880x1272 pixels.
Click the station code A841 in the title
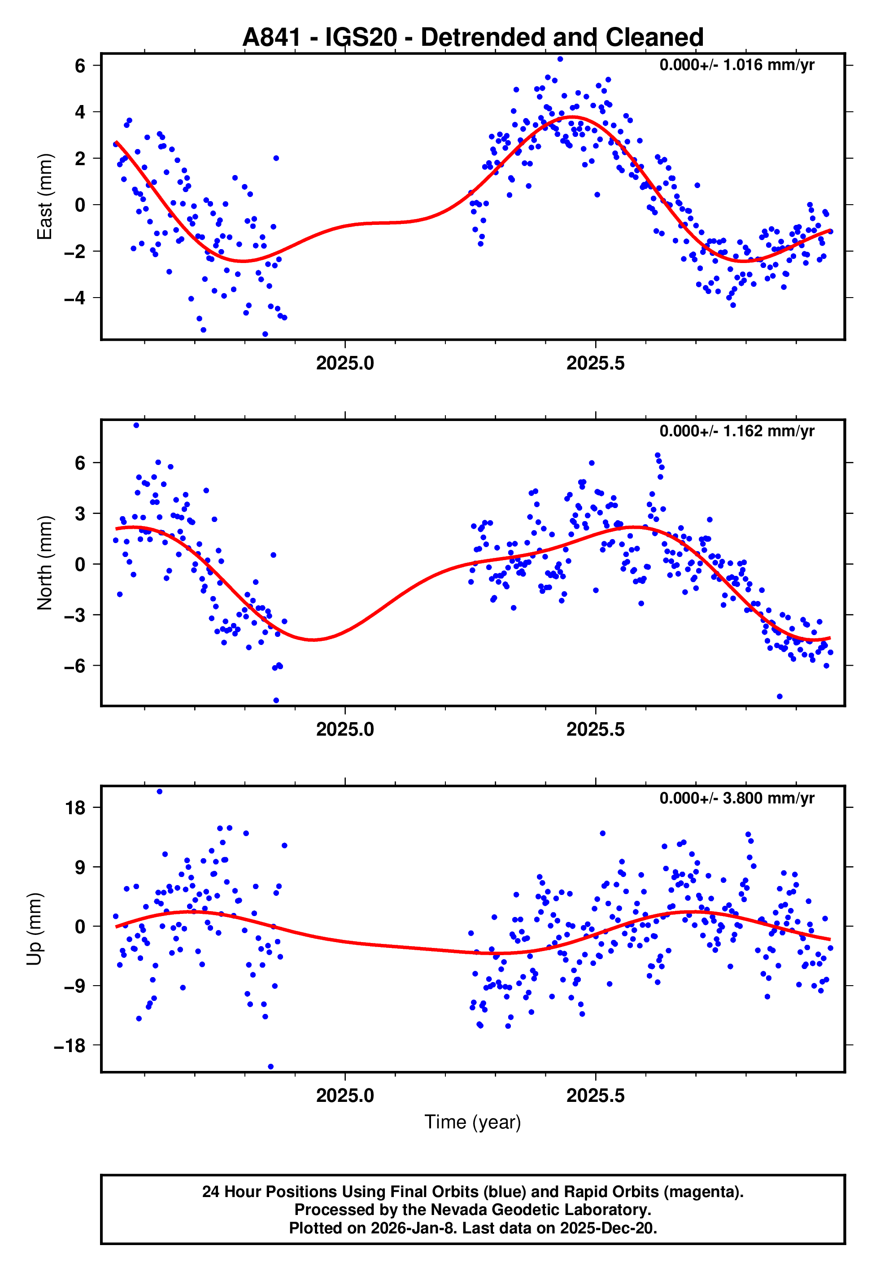pos(272,38)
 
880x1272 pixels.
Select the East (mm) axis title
pos(45,197)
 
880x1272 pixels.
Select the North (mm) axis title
pos(45,563)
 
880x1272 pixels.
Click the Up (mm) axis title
pos(34,929)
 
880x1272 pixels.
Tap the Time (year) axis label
pos(473,1122)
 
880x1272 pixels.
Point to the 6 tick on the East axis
pos(80,66)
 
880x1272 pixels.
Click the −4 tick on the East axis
pos(75,298)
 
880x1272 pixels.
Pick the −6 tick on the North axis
pos(75,666)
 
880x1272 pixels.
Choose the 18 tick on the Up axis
pos(75,808)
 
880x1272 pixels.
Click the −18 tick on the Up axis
pos(70,1045)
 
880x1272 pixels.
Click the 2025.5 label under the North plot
pos(596,729)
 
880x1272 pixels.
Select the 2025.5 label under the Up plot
pos(596,1096)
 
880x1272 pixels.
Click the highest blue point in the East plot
pos(560,59)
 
